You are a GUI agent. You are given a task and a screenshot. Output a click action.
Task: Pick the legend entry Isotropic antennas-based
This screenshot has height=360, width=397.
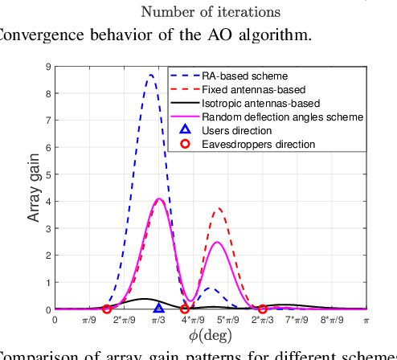(260, 103)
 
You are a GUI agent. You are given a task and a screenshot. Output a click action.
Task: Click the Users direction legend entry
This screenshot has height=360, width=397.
(235, 130)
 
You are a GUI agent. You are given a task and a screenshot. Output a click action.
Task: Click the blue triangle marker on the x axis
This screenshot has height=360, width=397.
(158, 308)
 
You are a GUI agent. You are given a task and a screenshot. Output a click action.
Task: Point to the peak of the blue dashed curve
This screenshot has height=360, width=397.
(150, 76)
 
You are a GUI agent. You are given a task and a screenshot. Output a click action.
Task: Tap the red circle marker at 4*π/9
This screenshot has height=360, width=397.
(185, 309)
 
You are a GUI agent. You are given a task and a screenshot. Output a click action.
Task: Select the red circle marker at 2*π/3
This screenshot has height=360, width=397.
(262, 309)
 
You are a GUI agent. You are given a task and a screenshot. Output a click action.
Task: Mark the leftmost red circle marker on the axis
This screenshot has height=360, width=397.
(107, 309)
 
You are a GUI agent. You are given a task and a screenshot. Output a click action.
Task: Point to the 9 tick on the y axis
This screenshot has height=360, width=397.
(49, 67)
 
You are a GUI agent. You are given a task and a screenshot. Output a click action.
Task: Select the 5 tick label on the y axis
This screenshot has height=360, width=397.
(49, 174)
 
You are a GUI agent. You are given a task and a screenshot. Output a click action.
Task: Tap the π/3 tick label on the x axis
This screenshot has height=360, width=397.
(158, 321)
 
